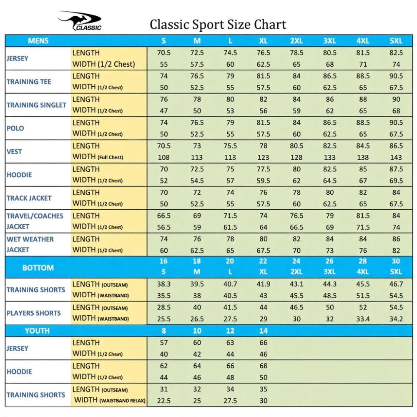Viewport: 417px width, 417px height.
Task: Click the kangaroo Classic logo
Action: tap(80, 21)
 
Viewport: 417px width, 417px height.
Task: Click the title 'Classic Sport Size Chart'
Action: tap(218, 24)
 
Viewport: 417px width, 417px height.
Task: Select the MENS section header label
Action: tap(38, 41)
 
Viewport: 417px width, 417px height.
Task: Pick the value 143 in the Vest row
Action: tap(396, 157)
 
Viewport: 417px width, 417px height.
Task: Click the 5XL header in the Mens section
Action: tap(396, 41)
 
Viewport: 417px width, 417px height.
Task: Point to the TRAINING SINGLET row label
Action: tap(36, 105)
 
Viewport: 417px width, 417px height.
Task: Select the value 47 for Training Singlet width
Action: tap(164, 111)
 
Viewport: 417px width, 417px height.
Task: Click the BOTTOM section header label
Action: tap(38, 268)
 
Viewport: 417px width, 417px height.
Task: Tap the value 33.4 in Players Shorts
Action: tap(363, 319)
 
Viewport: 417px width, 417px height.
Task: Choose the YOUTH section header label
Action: tap(37, 331)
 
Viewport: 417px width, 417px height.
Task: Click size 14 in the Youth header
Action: tap(263, 331)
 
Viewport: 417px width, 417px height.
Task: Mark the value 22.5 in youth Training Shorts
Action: tap(164, 401)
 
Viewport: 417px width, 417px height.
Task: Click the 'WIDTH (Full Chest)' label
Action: tap(98, 157)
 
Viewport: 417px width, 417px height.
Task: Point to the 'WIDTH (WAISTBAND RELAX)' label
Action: tap(110, 400)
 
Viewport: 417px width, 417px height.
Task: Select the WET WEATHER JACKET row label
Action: tap(30, 244)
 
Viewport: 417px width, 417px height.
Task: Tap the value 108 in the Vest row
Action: tap(164, 157)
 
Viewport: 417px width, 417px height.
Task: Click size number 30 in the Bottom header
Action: tap(396, 261)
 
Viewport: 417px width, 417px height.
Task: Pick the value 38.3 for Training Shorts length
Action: tap(164, 284)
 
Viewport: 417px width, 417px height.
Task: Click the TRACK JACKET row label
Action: tap(29, 198)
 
